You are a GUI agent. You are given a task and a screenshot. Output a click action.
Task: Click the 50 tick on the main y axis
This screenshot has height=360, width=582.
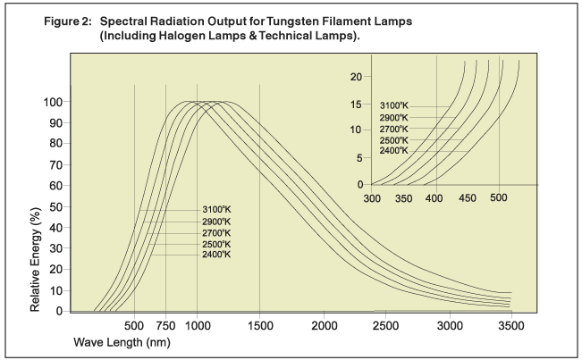click(55, 206)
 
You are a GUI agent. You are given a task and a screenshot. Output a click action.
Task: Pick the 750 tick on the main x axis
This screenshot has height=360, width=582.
click(165, 325)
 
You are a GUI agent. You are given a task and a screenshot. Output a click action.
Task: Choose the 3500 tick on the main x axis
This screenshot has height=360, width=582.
click(512, 325)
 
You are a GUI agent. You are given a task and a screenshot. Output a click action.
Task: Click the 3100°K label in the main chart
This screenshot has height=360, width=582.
click(215, 211)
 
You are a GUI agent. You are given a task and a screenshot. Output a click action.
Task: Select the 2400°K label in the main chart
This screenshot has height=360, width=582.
click(215, 255)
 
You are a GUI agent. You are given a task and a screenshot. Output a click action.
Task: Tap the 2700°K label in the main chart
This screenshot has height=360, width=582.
click(215, 233)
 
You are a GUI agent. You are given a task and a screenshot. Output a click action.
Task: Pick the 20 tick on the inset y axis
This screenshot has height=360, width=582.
click(358, 76)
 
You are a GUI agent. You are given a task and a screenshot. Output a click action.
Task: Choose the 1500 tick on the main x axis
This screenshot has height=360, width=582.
click(260, 325)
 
